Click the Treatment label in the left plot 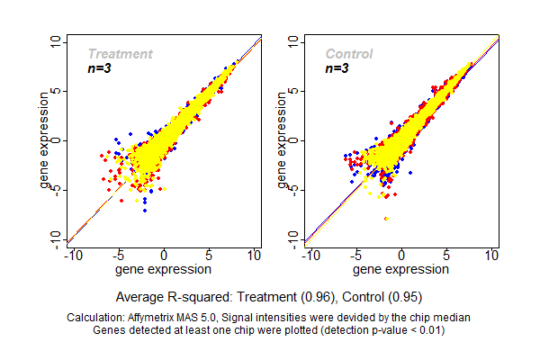click(x=120, y=54)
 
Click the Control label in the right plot click(x=348, y=54)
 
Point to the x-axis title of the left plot click(x=164, y=268)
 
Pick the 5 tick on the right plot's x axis click(x=446, y=256)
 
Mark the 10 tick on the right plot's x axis click(x=491, y=256)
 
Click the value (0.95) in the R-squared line click(x=402, y=296)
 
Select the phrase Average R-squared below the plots click(x=172, y=296)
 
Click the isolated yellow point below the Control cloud click(x=387, y=219)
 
